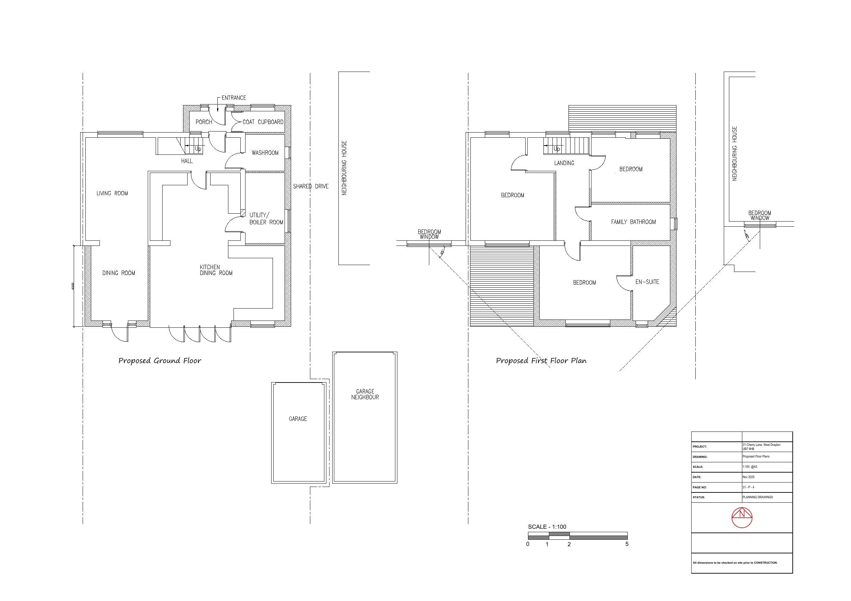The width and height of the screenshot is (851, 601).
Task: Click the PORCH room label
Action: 204,122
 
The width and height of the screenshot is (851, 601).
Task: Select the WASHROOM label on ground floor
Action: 265,153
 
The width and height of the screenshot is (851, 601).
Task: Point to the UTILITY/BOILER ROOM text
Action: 266,218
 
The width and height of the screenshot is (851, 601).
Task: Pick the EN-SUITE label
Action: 647,282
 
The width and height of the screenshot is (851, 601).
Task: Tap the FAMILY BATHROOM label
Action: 633,222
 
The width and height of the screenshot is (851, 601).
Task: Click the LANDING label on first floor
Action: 564,163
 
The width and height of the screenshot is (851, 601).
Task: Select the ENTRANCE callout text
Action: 233,98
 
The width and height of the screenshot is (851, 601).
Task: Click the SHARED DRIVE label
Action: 311,186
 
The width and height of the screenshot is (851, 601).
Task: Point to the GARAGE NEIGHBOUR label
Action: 365,394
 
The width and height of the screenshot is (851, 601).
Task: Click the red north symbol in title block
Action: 742,517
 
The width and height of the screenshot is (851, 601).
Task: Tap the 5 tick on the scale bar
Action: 627,544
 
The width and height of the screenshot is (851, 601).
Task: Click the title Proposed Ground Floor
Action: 159,361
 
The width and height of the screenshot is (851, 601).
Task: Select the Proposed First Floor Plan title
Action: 541,361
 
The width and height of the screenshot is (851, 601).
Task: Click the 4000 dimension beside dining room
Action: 73,286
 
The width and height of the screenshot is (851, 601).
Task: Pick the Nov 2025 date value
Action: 749,477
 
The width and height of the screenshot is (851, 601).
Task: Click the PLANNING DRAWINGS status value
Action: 758,497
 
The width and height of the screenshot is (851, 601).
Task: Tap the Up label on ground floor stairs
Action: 198,149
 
